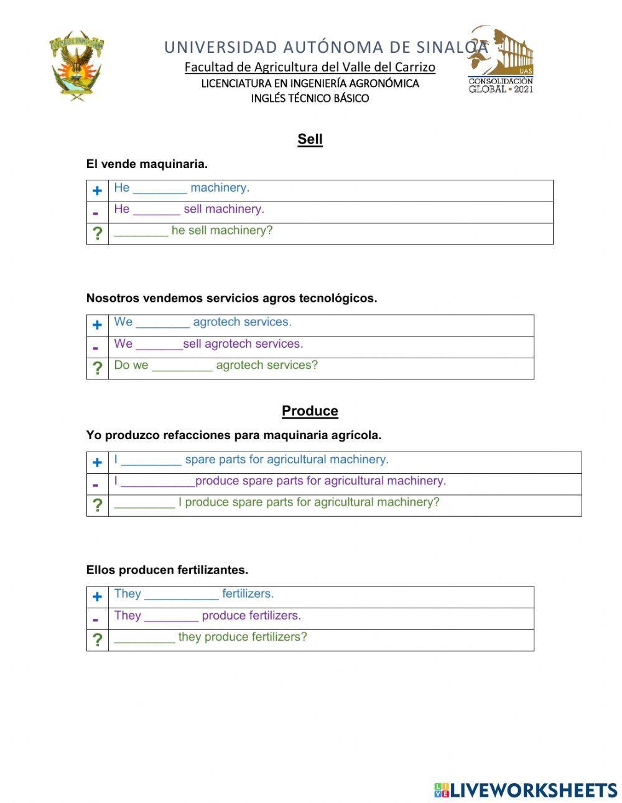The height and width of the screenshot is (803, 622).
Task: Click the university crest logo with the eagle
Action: point(76,66)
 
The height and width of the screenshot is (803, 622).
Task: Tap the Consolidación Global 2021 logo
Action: point(501,60)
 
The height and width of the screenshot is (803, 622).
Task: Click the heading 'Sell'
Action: point(310,139)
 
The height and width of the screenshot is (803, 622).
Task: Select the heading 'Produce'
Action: point(310,411)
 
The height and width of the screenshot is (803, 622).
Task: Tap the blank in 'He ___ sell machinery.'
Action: point(156,210)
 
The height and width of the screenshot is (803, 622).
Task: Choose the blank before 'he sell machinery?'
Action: point(141,232)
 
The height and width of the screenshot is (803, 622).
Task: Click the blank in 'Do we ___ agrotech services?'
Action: point(182,366)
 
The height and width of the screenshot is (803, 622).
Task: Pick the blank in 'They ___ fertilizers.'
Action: point(181,595)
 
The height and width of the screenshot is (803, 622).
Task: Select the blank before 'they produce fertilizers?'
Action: point(144,638)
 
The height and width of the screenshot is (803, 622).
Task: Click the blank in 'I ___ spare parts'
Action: point(151,461)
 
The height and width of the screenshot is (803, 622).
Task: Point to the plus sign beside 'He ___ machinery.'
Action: point(97,191)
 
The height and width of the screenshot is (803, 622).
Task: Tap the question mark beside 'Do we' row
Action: point(97,368)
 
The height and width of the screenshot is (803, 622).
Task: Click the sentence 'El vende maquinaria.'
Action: point(147,164)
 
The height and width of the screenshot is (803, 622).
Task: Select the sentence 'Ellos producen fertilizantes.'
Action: point(167,570)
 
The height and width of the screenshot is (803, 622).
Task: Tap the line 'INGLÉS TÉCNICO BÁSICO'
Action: point(310,98)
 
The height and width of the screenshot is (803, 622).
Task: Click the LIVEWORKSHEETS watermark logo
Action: point(525,790)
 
